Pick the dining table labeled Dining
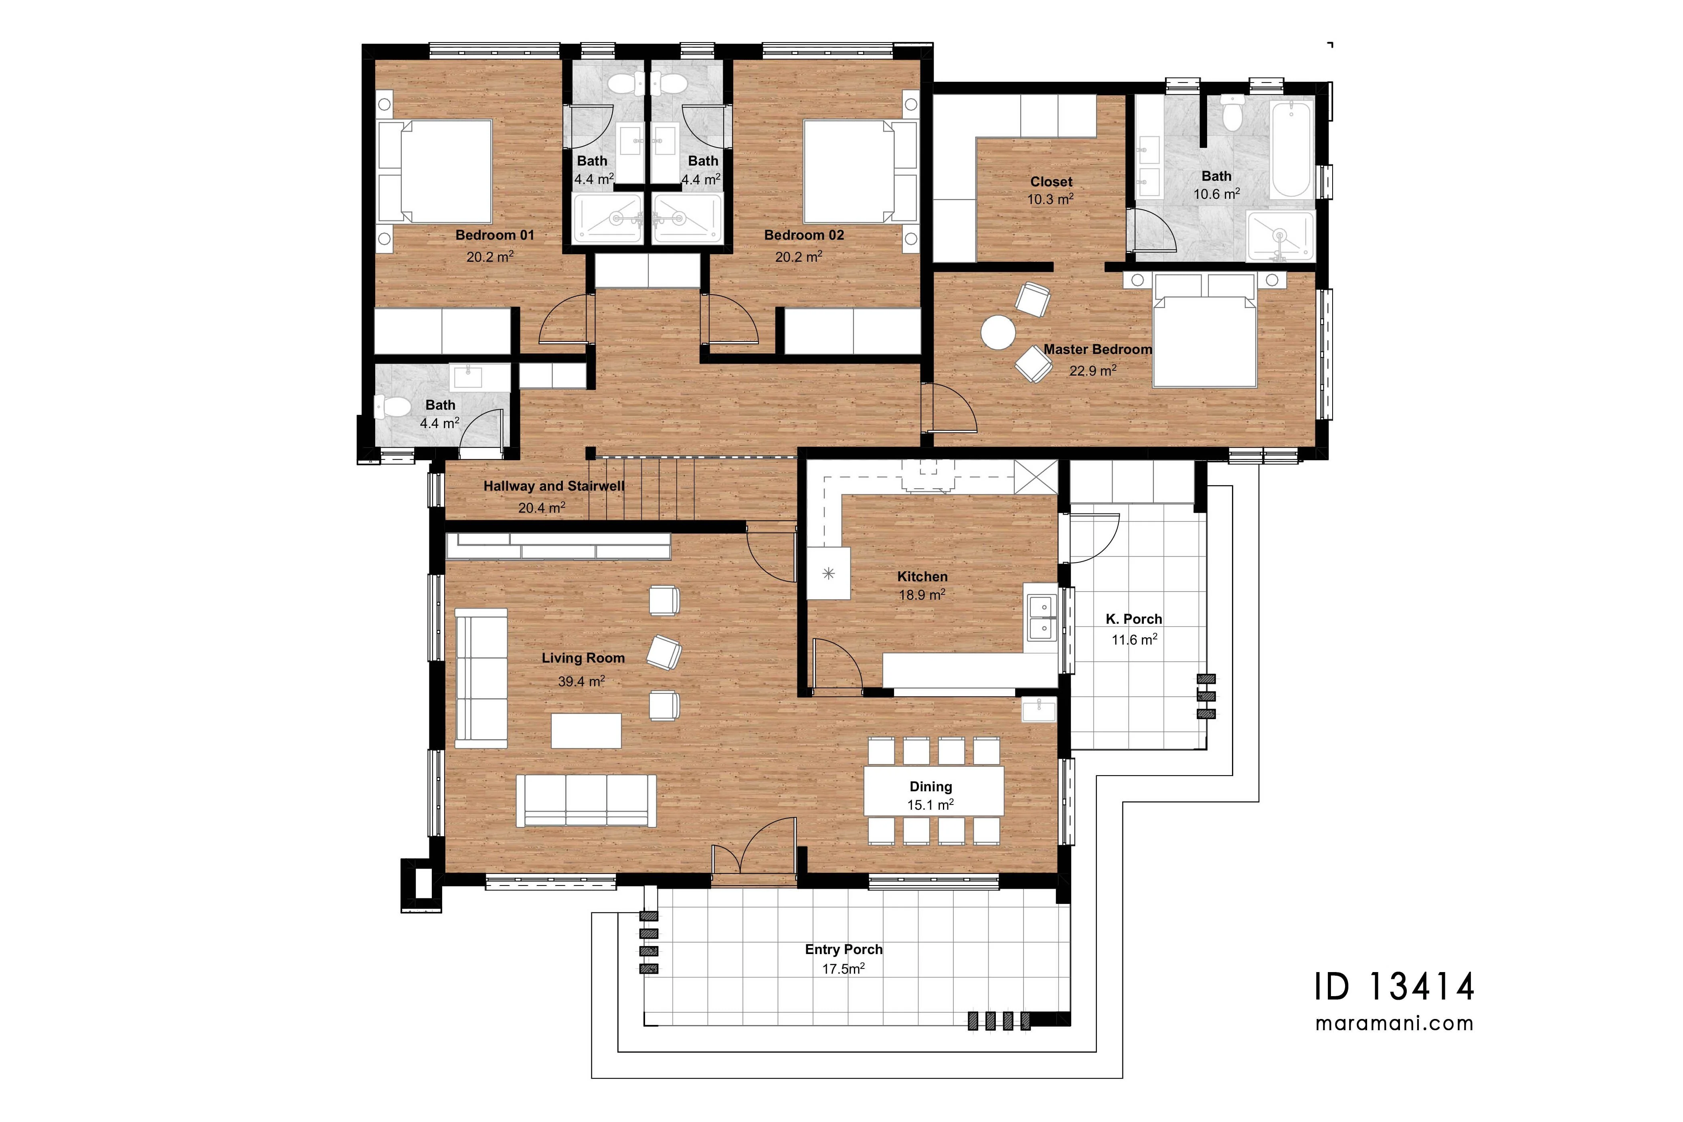coord(934,791)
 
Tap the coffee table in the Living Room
coord(586,731)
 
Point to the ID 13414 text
coord(1395,987)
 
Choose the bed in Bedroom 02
coord(860,172)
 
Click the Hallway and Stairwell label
coord(554,486)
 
